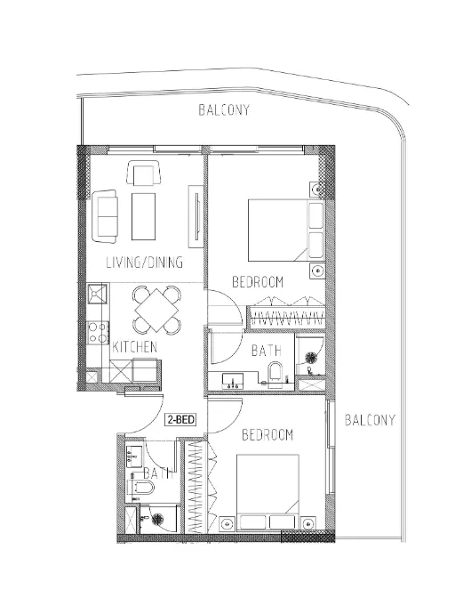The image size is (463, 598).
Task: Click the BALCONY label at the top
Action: [x=223, y=111]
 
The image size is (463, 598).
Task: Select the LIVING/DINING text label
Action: [x=144, y=263]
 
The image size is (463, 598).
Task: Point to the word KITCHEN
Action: [x=135, y=345]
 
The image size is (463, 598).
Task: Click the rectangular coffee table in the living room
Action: [x=144, y=215]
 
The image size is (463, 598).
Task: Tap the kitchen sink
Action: [x=97, y=294]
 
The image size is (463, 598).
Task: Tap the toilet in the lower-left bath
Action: [x=141, y=489]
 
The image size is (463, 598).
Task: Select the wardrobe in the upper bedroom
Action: [x=286, y=313]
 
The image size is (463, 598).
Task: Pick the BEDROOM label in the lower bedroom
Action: [x=267, y=435]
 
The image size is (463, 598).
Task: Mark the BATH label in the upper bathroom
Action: [x=266, y=352]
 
